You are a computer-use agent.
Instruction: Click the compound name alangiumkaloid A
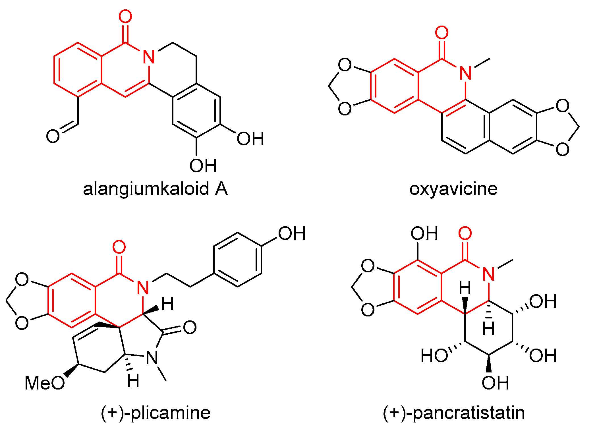155,189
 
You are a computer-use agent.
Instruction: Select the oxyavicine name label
453,189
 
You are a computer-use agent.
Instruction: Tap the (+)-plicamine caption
156,413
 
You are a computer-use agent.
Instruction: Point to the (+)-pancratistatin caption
454,413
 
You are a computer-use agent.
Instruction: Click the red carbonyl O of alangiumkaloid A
125,16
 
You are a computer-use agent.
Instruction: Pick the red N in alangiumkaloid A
149,57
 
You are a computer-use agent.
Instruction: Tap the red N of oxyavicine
465,73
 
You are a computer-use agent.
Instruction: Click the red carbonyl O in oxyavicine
441,33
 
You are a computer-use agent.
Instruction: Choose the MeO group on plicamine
45,383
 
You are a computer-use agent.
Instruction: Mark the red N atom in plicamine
143,288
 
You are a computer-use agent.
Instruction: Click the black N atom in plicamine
152,358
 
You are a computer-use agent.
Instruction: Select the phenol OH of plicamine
291,234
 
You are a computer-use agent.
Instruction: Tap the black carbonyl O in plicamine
190,327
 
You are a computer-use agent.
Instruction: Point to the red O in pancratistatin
465,233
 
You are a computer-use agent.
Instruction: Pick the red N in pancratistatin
489,274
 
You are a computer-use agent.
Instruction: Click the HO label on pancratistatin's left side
434,356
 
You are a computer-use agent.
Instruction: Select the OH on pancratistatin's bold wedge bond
495,383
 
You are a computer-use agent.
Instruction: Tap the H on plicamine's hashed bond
133,381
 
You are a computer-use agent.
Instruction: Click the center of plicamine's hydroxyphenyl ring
238,260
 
